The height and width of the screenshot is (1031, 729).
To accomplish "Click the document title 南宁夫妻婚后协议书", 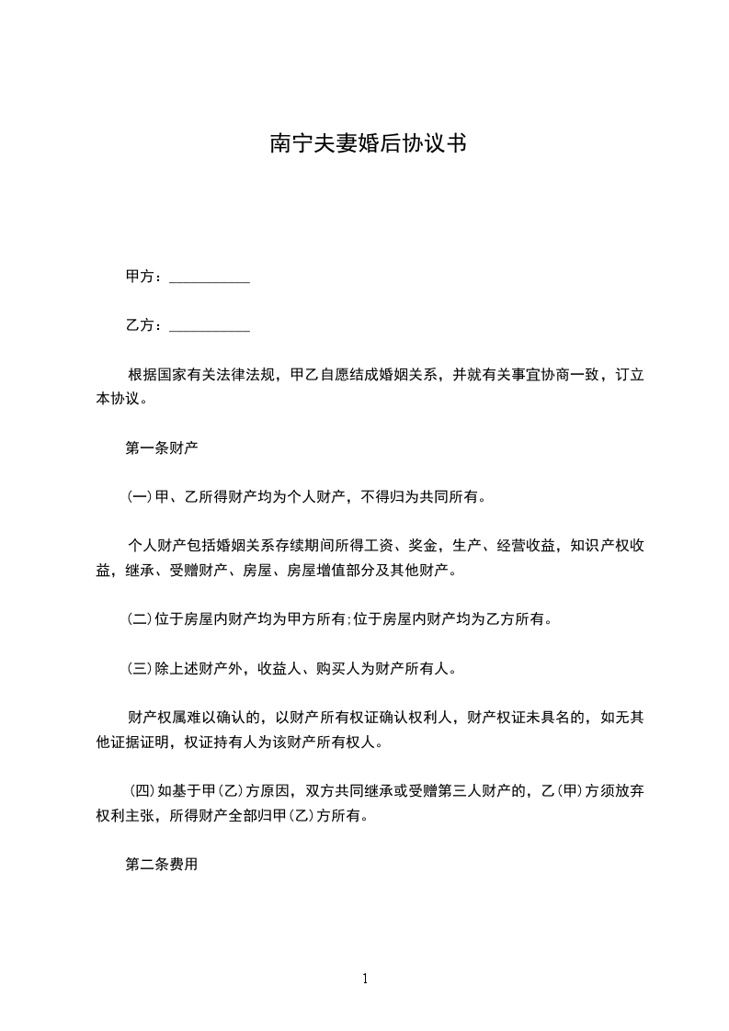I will (364, 144).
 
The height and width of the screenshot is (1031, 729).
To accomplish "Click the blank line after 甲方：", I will (211, 277).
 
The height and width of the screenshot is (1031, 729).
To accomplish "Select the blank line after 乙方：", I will (211, 325).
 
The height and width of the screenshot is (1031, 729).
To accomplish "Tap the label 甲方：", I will (145, 277).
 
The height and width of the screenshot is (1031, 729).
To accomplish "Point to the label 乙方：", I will (145, 325).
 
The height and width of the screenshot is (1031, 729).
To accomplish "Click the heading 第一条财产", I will (162, 449).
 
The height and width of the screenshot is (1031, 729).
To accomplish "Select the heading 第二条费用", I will (162, 865).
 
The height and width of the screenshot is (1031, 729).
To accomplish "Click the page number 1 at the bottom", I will (365, 980).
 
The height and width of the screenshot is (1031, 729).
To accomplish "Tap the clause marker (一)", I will (139, 498).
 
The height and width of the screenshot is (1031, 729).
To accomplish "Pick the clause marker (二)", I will (139, 619).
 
